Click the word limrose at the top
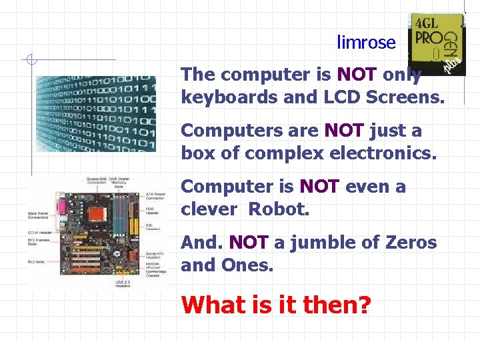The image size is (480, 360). (x=366, y=43)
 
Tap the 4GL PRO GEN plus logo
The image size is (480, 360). (x=436, y=43)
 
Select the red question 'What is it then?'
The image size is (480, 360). (x=276, y=305)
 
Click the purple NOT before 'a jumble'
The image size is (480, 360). (x=248, y=243)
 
